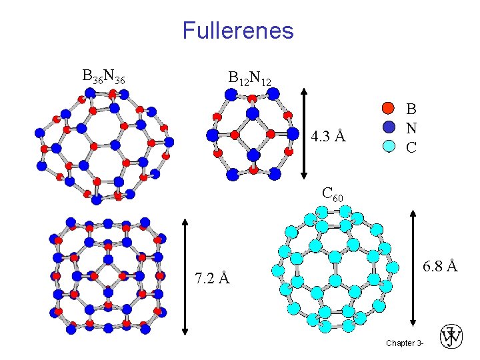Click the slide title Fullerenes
[238, 31]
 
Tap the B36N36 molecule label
[103, 77]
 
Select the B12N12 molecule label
[249, 79]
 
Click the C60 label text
[332, 195]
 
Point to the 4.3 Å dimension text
[328, 137]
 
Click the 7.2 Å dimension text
[212, 277]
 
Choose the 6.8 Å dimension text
[440, 266]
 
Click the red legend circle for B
[389, 108]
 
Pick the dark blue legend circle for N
[389, 127]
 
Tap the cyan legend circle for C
[389, 145]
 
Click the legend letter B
[411, 109]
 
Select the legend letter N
[411, 127]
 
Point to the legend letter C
[411, 146]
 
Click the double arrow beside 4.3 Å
[303, 133]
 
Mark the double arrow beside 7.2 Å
[185, 276]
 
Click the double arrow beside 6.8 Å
[414, 267]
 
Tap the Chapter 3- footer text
[404, 343]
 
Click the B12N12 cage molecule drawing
[253, 133]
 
